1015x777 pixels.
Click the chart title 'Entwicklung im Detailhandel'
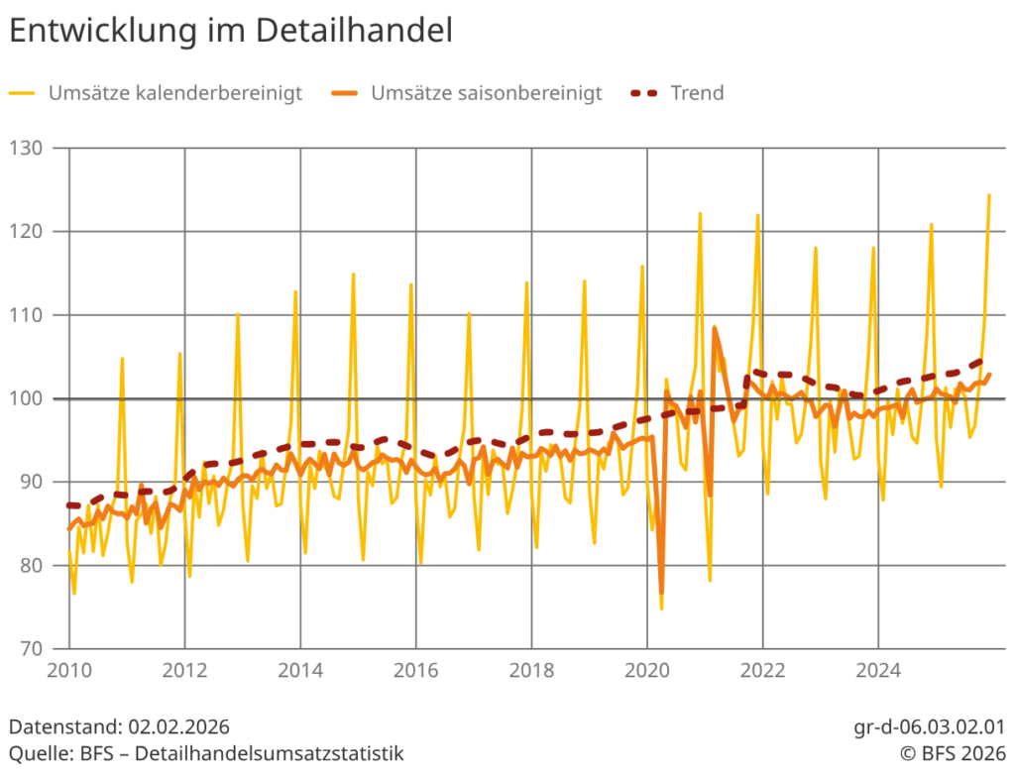click(x=231, y=30)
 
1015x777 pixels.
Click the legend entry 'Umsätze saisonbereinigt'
click(x=486, y=93)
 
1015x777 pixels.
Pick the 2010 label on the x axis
click(x=69, y=671)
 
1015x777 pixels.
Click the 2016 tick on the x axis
click(x=415, y=671)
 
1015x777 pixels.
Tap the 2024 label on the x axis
click(x=877, y=671)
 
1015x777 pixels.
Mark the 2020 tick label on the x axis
click(x=646, y=671)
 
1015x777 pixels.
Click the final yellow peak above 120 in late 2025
click(x=989, y=195)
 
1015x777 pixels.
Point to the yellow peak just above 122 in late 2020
click(x=700, y=213)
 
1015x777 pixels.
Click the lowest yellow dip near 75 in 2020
click(x=661, y=608)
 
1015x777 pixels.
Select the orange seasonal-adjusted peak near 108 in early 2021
click(x=715, y=327)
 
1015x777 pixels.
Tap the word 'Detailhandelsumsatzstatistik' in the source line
click(x=270, y=753)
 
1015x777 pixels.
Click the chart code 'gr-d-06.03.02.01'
click(x=928, y=728)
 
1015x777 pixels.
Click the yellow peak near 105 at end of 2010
click(x=122, y=359)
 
